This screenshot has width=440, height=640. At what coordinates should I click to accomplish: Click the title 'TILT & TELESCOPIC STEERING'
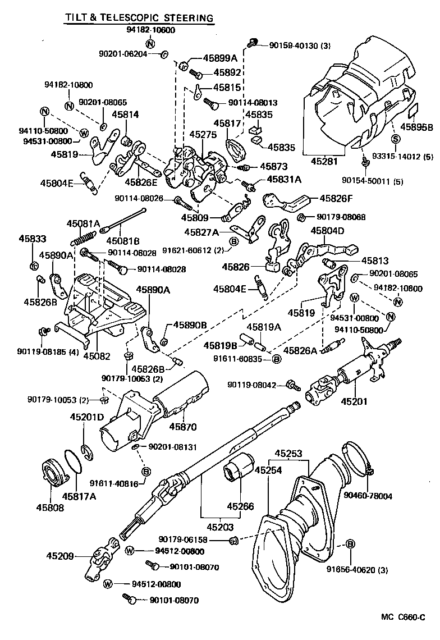[x=139, y=18]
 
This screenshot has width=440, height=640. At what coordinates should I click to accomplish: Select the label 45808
[x=51, y=508]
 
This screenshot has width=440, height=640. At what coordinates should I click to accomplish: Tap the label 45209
[x=61, y=556]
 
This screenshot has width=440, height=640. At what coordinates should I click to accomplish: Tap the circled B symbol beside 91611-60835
[x=276, y=359]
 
